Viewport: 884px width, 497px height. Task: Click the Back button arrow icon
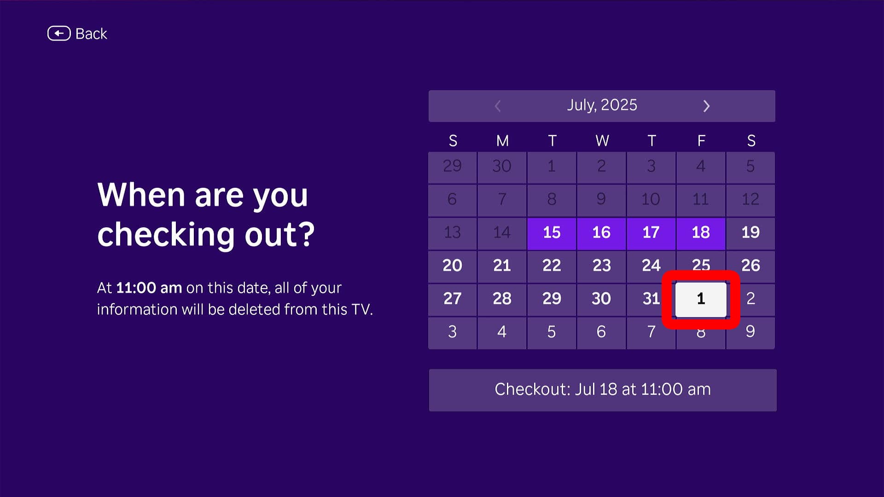point(59,34)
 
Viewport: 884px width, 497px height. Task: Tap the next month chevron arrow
point(706,106)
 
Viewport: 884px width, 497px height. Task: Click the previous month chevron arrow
point(498,106)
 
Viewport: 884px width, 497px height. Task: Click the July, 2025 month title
point(602,105)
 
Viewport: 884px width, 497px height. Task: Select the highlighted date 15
point(552,232)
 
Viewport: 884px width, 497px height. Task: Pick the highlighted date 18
point(701,232)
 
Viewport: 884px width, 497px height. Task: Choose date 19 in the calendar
point(750,232)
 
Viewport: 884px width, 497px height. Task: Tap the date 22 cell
point(552,266)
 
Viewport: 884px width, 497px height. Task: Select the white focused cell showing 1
point(701,299)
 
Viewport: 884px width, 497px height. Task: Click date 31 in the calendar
point(651,299)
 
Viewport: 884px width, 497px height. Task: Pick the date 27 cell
point(452,299)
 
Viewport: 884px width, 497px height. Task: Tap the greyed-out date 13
point(452,232)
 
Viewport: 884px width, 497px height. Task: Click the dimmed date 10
point(651,199)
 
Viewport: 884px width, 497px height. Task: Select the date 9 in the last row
point(750,332)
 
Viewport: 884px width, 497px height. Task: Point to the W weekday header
point(602,140)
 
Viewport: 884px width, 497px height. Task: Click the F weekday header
point(701,140)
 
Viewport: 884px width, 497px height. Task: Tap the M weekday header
point(502,140)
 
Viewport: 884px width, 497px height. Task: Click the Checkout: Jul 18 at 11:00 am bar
point(602,390)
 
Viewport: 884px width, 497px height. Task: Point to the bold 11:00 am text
point(149,288)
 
